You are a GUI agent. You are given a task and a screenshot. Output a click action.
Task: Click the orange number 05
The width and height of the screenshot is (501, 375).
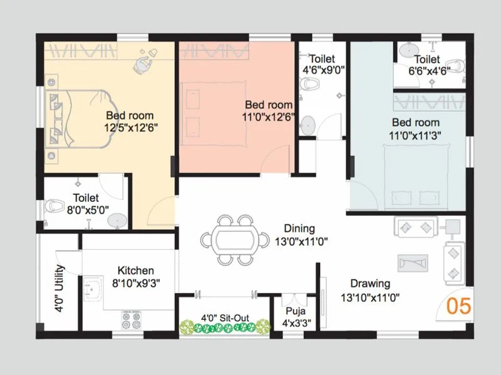point(458,306)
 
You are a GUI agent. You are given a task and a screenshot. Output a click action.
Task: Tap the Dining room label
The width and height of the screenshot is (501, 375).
point(299,229)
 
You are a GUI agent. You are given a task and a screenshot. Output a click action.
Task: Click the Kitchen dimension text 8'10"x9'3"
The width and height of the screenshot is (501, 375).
point(136,282)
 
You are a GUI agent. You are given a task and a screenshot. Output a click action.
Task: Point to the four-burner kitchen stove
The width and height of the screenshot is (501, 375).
point(131,320)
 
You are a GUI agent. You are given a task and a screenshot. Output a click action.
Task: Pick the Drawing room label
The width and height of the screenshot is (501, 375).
point(370,284)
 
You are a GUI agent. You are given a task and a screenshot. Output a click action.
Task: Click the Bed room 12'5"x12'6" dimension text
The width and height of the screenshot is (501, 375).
point(130,127)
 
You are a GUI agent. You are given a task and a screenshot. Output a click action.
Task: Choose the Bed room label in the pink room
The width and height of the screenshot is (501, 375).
point(268,104)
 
